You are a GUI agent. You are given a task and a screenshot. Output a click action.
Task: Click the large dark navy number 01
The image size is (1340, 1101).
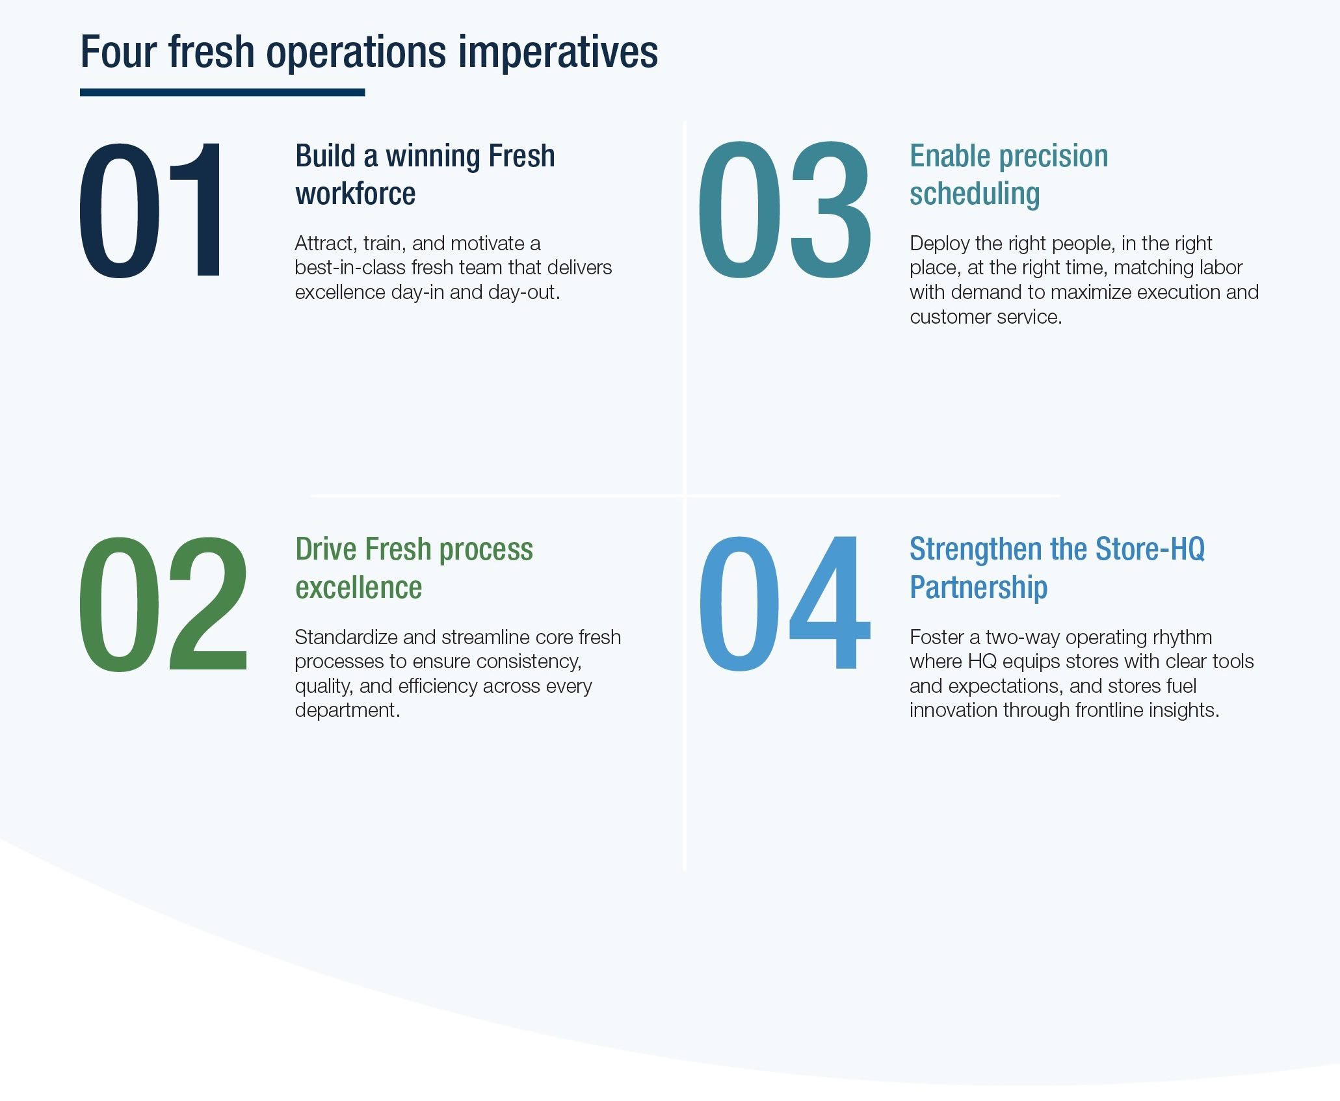151,211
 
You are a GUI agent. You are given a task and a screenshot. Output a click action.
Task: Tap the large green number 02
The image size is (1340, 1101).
163,604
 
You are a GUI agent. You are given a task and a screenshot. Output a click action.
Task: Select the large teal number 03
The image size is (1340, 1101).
783,211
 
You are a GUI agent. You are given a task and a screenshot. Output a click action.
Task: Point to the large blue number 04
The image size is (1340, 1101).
784,604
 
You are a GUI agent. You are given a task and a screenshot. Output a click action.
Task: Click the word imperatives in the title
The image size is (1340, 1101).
558,52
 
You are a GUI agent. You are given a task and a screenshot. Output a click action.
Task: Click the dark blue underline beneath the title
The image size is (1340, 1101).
222,93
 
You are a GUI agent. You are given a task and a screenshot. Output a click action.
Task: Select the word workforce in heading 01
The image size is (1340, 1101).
355,194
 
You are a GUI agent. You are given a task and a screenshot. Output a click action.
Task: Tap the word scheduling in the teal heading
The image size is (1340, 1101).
975,194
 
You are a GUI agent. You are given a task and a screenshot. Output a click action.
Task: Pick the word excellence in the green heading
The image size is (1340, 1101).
358,587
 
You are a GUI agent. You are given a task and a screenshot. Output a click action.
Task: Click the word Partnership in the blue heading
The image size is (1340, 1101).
979,587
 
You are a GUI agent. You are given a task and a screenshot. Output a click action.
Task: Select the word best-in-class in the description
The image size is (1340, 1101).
350,268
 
